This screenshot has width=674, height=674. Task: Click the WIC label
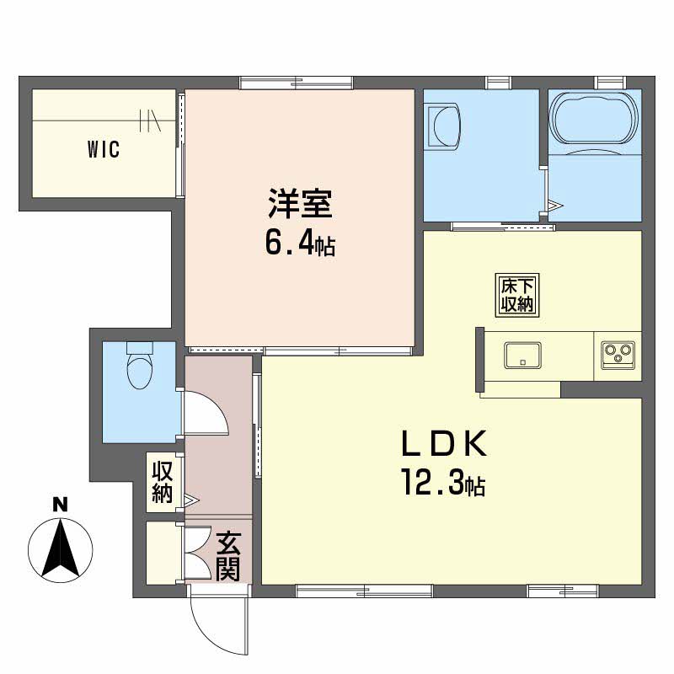pos(104,151)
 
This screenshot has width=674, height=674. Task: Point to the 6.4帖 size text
pos(300,243)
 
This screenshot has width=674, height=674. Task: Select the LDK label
pos(443,444)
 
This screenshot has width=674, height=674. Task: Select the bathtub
pos(595,118)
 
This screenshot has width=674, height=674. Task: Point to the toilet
pos(137,364)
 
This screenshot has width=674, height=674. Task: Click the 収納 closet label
pos(162,482)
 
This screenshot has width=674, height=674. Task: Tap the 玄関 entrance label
pos(227,556)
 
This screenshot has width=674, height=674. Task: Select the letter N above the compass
pos(60,506)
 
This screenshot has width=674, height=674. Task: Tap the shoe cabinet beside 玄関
pos(162,553)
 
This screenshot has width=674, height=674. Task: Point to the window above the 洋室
pos(295,83)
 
